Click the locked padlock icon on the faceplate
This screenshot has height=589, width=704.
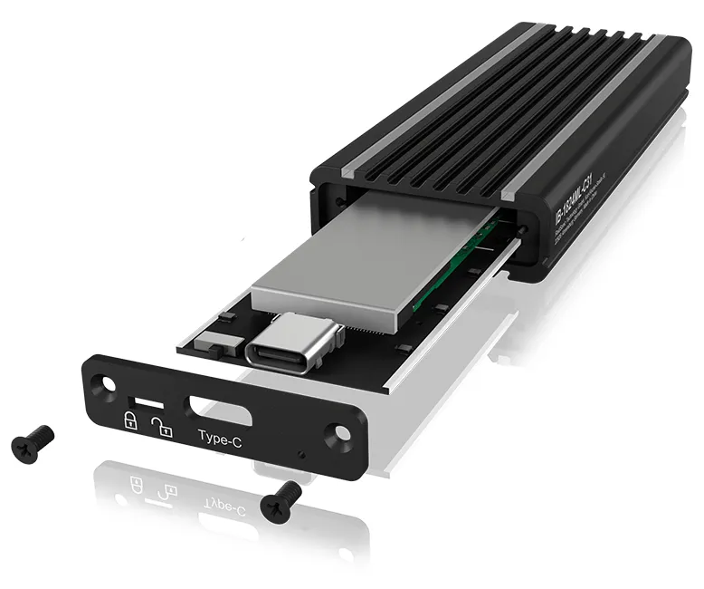(x=129, y=420)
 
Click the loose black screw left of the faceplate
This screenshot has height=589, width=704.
(x=33, y=440)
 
